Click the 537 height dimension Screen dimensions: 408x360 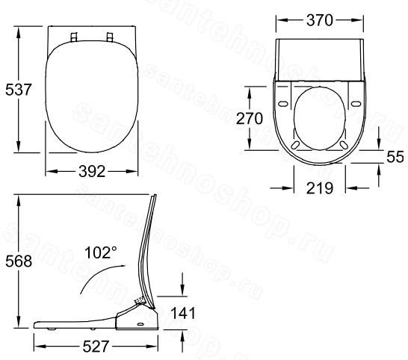click(18, 90)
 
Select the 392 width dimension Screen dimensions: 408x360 click(92, 172)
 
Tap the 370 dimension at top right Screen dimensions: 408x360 click(320, 20)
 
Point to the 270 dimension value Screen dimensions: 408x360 click(250, 119)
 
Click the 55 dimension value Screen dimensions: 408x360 click(395, 157)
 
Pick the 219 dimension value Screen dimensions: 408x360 click(320, 188)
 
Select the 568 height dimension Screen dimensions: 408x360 click(19, 261)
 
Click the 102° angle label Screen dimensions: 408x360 click(100, 252)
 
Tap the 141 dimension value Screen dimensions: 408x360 click(182, 313)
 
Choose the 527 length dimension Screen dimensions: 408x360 click(96, 347)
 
